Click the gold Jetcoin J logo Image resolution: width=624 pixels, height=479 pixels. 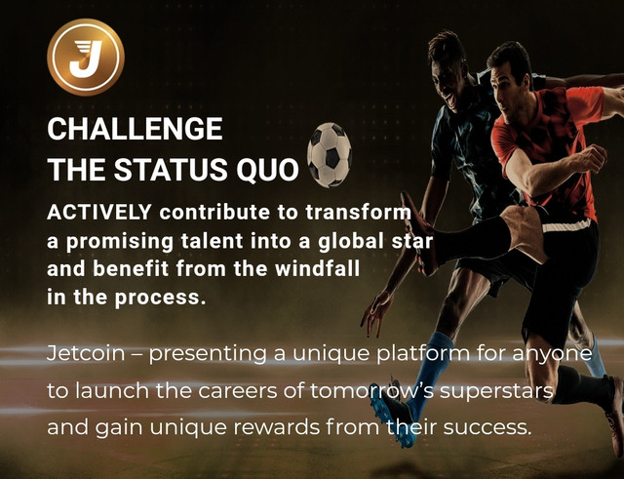[86, 58]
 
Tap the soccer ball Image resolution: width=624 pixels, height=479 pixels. [330, 154]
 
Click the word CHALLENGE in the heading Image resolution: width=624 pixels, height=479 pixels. [135, 129]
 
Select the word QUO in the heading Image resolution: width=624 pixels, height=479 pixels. [267, 169]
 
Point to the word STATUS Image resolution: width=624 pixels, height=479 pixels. [172, 169]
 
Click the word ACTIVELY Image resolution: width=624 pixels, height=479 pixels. [99, 213]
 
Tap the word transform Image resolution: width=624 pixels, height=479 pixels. [358, 213]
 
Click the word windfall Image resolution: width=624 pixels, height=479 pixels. [317, 268]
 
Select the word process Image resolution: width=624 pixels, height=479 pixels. [160, 298]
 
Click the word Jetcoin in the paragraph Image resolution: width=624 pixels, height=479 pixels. [86, 353]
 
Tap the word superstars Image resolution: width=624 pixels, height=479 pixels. [496, 391]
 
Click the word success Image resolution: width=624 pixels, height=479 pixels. [487, 427]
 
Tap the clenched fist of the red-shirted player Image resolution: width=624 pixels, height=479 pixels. [591, 158]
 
